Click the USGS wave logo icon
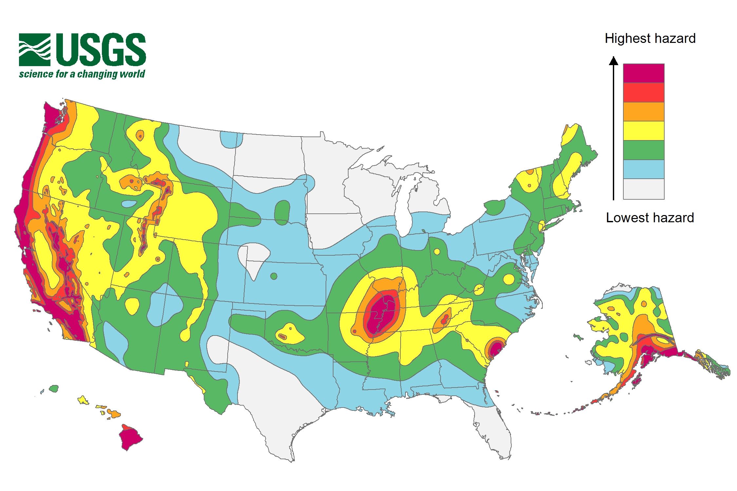[x=35, y=49]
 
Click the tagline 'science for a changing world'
[x=82, y=74]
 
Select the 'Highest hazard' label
[x=650, y=39]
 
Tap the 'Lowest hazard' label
[x=650, y=218]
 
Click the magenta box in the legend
[x=643, y=73]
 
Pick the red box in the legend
[x=643, y=92]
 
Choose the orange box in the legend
[x=643, y=112]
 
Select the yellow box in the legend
[x=643, y=131]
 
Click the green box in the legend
[x=643, y=150]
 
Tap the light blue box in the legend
[x=643, y=169]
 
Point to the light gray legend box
[x=643, y=189]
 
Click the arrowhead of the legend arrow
[x=614, y=61]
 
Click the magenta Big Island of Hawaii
[x=130, y=438]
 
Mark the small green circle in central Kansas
[x=274, y=276]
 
